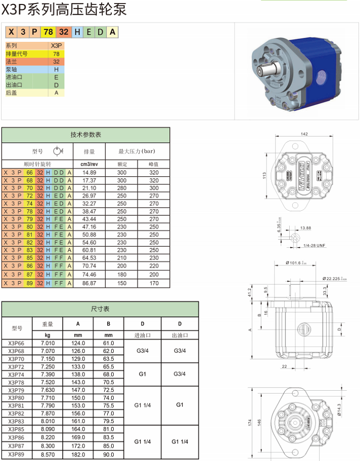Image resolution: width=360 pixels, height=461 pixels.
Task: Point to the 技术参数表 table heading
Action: click(85, 135)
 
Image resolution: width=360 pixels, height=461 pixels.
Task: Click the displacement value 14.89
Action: click(89, 172)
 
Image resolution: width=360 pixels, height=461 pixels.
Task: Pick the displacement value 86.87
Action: click(89, 283)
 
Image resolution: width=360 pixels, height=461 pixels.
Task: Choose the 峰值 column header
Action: click(154, 164)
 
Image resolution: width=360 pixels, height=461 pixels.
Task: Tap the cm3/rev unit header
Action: click(89, 164)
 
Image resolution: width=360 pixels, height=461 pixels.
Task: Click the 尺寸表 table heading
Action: click(100, 309)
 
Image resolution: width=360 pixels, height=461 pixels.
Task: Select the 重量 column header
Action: click(48, 324)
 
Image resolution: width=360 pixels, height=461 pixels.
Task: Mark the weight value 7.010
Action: click(48, 343)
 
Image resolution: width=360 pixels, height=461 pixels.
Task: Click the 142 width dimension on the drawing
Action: click(304, 134)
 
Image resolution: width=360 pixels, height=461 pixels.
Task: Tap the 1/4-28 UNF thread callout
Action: click(313, 245)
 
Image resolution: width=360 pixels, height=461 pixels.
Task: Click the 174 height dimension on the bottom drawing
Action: click(249, 422)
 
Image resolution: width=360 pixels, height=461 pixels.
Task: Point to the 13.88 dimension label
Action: click(305, 228)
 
